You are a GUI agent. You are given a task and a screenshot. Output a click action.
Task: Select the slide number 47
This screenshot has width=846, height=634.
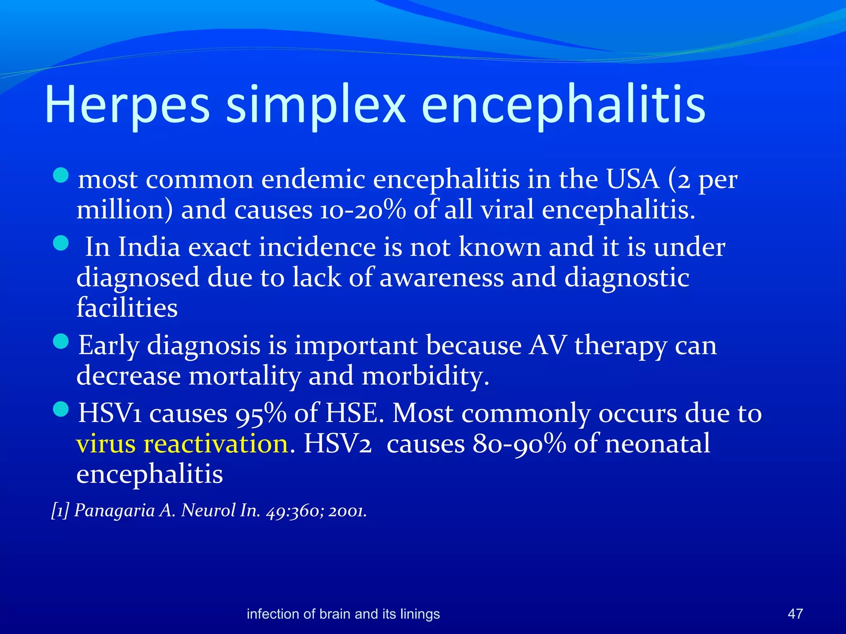click(x=795, y=614)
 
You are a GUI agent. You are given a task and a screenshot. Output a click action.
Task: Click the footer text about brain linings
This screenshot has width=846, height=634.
click(x=343, y=614)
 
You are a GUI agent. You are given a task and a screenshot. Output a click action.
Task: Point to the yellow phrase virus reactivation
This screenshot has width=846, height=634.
click(x=182, y=444)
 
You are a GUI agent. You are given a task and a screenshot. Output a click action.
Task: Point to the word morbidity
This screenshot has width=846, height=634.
click(x=425, y=376)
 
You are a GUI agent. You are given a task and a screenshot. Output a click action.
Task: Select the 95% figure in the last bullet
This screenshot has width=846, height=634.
click(x=261, y=413)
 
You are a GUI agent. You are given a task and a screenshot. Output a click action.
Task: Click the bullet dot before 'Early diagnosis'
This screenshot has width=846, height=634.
click(x=61, y=341)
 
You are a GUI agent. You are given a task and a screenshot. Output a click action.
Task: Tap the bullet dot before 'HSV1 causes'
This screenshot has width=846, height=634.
click(x=61, y=409)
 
